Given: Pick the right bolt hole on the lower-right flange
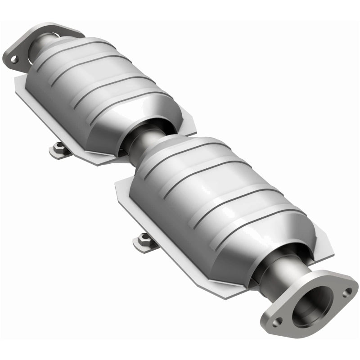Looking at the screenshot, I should point(347,292).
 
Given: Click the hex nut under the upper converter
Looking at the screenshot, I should point(58,147).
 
